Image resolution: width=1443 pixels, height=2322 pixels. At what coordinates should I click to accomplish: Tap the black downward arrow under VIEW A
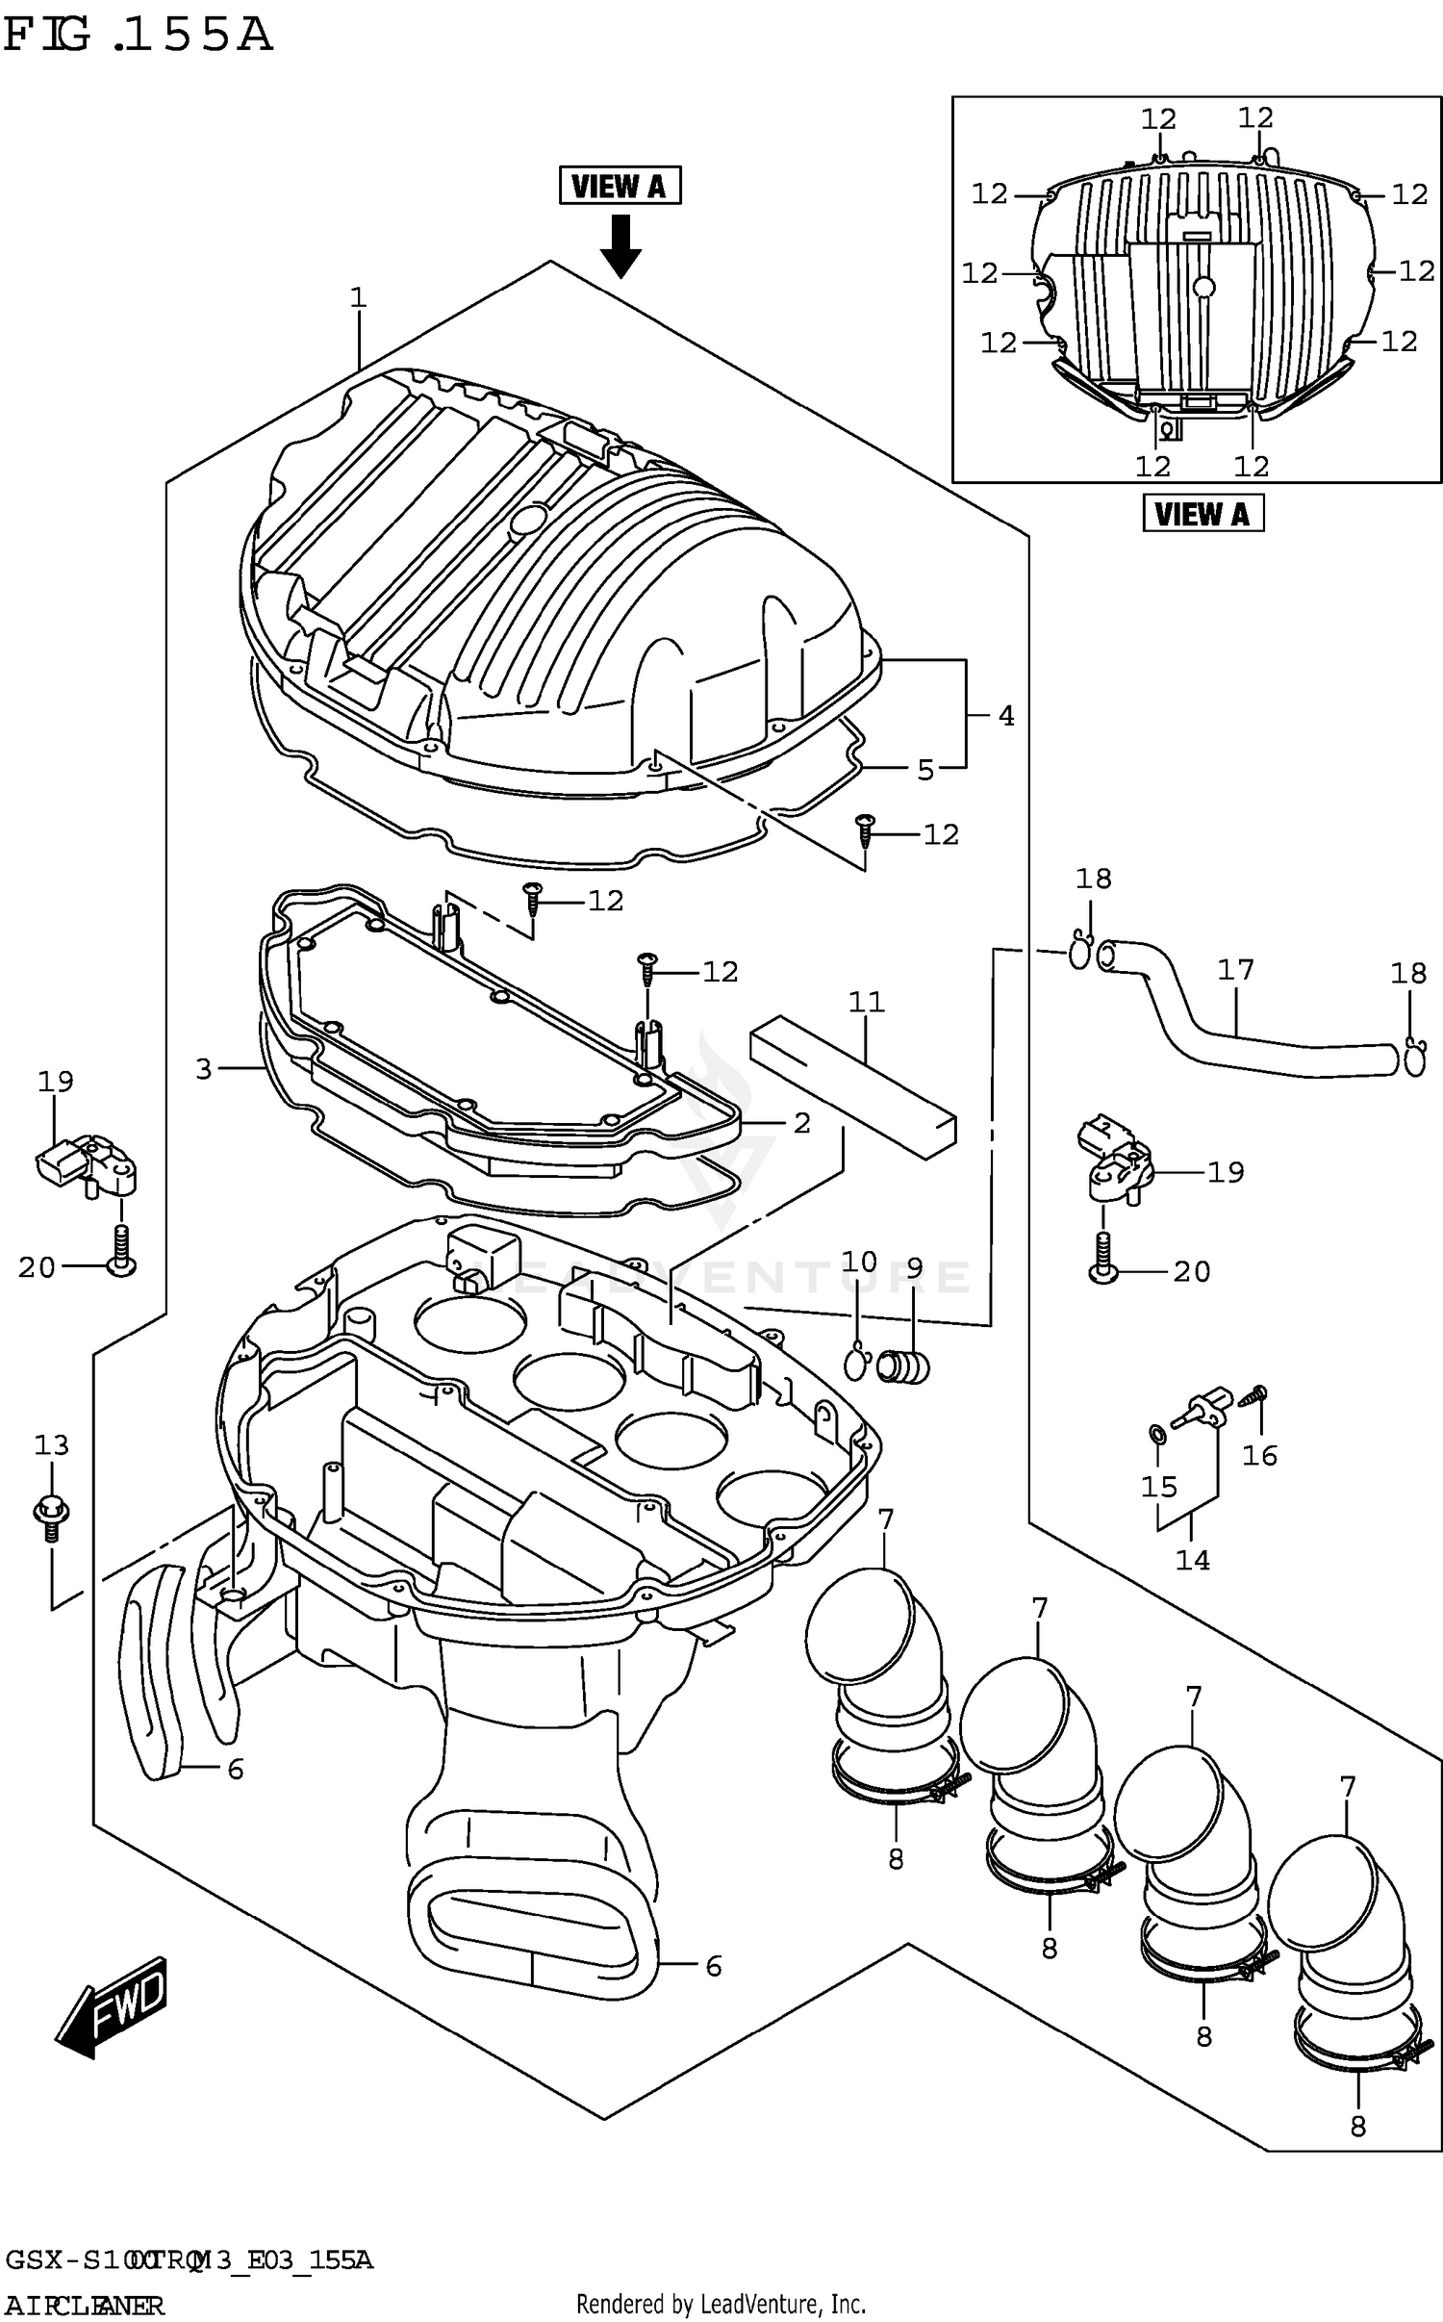pyautogui.click(x=620, y=246)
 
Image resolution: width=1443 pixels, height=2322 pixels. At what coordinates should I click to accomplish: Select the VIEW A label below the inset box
pyautogui.click(x=1202, y=513)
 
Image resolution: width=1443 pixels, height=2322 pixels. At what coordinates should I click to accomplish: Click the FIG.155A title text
pyautogui.click(x=137, y=36)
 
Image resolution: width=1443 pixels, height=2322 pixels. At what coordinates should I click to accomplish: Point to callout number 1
pyautogui.click(x=358, y=298)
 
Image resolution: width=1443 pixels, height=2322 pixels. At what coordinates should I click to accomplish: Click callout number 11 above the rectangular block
pyautogui.click(x=866, y=1002)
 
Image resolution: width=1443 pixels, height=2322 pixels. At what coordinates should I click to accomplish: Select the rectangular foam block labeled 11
pyautogui.click(x=852, y=1087)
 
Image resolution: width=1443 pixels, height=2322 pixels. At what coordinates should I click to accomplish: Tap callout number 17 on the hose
pyautogui.click(x=1236, y=970)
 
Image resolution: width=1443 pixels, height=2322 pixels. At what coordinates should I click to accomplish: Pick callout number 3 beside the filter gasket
pyautogui.click(x=203, y=1069)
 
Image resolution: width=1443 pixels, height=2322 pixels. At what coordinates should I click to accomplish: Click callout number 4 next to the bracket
pyautogui.click(x=1005, y=715)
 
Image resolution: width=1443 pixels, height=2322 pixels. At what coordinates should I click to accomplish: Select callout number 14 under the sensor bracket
pyautogui.click(x=1192, y=1560)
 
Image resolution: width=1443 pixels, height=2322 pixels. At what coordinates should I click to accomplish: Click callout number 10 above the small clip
pyautogui.click(x=859, y=1262)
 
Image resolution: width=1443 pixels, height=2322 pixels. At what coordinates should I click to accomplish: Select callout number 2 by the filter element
pyautogui.click(x=801, y=1123)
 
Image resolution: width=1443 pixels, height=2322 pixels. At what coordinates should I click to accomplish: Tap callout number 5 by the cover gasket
pyautogui.click(x=924, y=770)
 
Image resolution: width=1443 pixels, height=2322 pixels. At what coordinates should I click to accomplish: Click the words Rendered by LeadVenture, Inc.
pyautogui.click(x=721, y=2304)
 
